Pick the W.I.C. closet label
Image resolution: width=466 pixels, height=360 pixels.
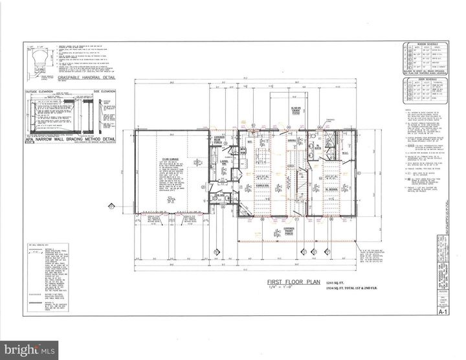(346, 153)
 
